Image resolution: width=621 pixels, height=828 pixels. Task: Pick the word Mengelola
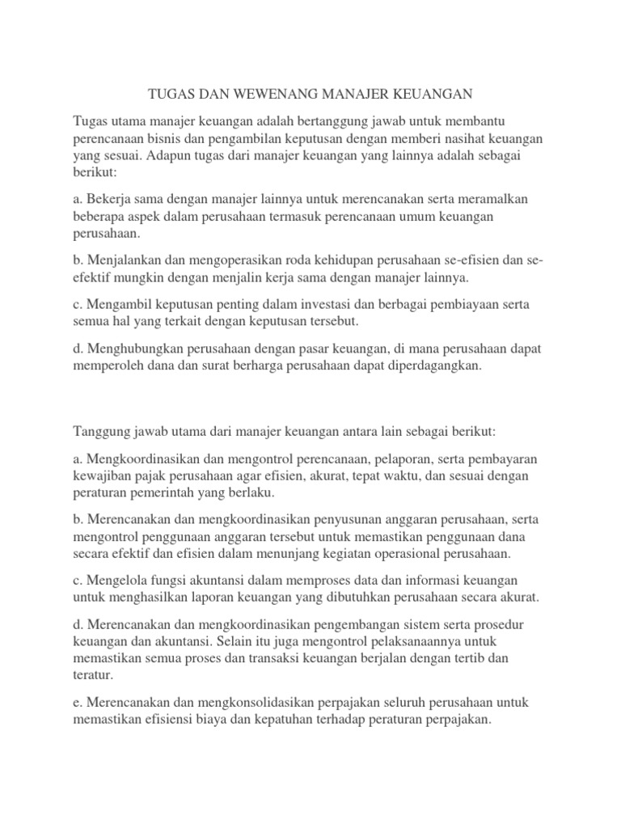(x=116, y=581)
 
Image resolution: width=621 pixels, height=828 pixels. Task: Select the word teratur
(x=94, y=675)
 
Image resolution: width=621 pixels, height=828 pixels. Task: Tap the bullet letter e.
(x=77, y=702)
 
